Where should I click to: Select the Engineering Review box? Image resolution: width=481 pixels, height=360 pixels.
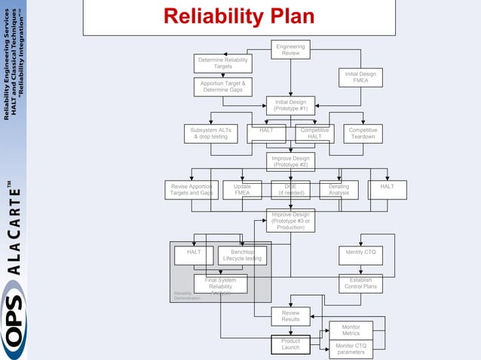tap(290, 50)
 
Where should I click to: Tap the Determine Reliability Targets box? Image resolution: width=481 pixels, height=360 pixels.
tap(222, 63)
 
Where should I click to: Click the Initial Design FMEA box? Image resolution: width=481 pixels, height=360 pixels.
tap(360, 78)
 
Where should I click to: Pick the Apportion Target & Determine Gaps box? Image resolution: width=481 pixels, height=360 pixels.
tap(222, 87)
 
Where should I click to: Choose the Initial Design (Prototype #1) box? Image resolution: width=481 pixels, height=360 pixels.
tap(290, 105)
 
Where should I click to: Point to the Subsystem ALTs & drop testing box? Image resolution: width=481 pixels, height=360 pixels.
tap(210, 133)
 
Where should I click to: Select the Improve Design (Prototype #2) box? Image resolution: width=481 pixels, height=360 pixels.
tap(290, 161)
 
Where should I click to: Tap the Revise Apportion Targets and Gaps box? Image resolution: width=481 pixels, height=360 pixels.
tap(191, 190)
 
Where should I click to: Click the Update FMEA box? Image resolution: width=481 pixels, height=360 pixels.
tap(242, 190)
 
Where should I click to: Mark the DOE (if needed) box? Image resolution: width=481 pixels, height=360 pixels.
tap(290, 190)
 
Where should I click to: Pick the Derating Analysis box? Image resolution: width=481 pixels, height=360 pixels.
tap(339, 190)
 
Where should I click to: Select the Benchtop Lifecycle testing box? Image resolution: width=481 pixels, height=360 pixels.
tap(242, 255)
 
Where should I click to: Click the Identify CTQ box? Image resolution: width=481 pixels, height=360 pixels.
tap(360, 252)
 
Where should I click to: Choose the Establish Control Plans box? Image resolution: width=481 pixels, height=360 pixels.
tap(360, 284)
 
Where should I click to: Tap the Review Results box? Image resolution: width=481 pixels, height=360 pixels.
tap(290, 316)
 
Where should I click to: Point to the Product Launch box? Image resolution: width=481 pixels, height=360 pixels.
tap(290, 344)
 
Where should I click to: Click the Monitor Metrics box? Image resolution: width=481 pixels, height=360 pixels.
tap(351, 331)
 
